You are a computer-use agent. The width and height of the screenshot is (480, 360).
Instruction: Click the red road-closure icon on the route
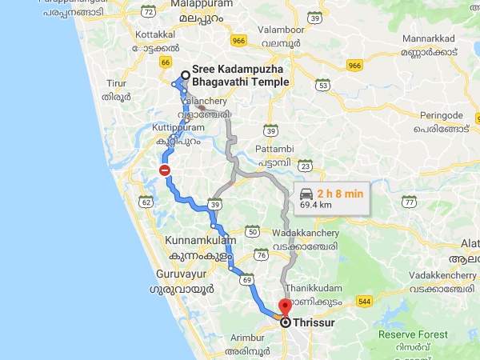(164, 170)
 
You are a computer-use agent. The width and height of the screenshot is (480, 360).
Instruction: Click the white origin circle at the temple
(186, 77)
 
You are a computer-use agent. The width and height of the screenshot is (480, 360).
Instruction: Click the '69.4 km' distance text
(316, 206)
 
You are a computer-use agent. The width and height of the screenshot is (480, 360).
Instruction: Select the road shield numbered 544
(366, 302)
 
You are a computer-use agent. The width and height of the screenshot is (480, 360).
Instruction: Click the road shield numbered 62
(146, 202)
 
